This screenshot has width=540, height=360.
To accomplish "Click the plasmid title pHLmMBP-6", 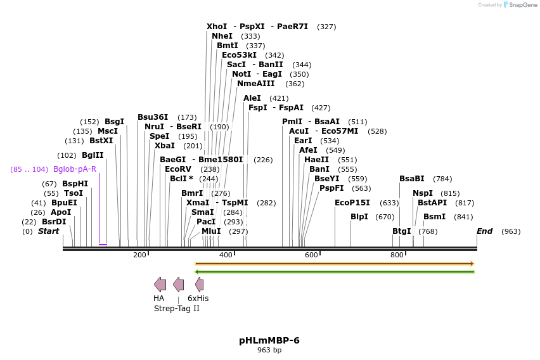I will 269,340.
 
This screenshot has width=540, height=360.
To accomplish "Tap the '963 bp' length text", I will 269,350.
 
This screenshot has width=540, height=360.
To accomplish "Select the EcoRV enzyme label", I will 177,169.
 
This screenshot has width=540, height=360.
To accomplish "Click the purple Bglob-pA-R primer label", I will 75,169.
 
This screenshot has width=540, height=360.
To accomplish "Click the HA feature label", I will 158,299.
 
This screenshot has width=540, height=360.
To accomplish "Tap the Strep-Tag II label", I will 177,309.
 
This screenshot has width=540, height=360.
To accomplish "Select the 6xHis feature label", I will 198,299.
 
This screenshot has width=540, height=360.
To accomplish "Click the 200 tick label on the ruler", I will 139,255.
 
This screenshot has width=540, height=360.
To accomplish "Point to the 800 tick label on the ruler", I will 397,255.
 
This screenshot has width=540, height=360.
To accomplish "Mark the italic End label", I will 484,231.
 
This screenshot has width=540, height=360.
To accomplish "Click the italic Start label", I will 48,231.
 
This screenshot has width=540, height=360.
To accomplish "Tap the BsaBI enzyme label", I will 412,179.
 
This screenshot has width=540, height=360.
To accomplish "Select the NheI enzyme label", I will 222,36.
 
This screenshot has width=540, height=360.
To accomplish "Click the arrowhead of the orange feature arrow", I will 472,264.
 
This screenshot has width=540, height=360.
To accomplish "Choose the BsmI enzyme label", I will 434,217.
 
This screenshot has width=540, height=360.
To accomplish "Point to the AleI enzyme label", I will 252,98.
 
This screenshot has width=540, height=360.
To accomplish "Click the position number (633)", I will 389,203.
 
